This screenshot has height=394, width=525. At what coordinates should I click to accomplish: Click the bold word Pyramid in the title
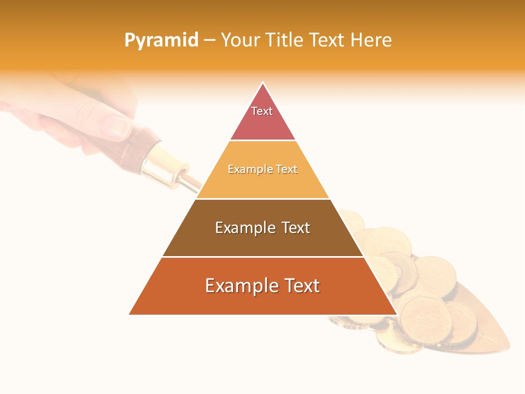(x=161, y=40)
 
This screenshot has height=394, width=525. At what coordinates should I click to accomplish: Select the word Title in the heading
(x=284, y=40)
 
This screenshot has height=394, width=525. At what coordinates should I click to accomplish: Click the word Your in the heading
(x=240, y=40)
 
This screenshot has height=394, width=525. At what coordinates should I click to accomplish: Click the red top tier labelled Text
(x=262, y=118)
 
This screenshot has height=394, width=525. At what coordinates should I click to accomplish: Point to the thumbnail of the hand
(x=116, y=126)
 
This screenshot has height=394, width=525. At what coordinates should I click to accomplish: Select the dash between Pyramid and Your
(x=209, y=40)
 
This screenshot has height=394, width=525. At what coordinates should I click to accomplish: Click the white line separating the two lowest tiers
(x=262, y=257)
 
